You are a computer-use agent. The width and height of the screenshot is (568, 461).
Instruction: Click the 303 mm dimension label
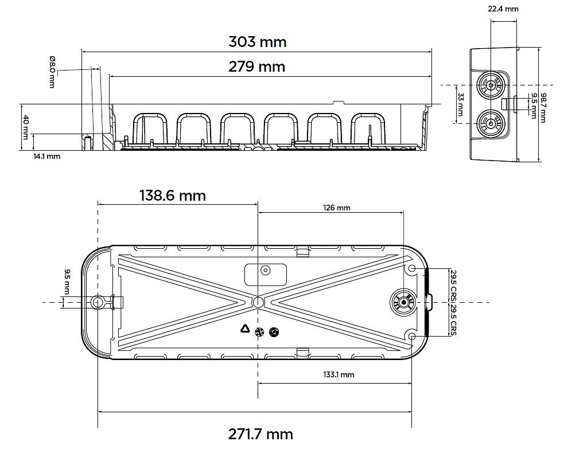tap(257, 42)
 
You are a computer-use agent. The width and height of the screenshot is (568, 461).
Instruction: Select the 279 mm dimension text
tap(257, 67)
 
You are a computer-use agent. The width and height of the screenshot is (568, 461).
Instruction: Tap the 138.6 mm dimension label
tap(173, 196)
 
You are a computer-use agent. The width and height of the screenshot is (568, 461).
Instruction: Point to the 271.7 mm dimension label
tap(260, 434)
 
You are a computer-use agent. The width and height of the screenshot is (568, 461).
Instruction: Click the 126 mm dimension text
tap(337, 208)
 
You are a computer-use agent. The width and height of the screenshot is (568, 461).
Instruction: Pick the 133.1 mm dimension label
tap(339, 374)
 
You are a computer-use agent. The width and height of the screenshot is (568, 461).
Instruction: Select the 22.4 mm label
tap(503, 9)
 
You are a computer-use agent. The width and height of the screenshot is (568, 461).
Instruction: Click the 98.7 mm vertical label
tap(543, 108)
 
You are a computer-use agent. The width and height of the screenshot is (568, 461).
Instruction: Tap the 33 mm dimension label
tap(460, 104)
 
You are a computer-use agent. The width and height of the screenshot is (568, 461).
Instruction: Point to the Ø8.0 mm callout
tap(52, 72)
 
